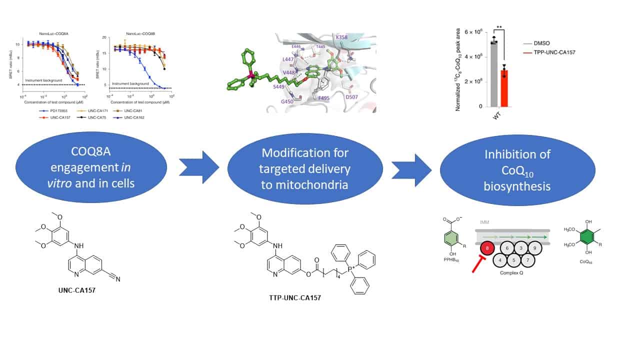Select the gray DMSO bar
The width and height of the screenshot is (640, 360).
493,74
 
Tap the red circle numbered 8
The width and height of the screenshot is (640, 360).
485,248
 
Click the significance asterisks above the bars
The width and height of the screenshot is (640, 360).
499,28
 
